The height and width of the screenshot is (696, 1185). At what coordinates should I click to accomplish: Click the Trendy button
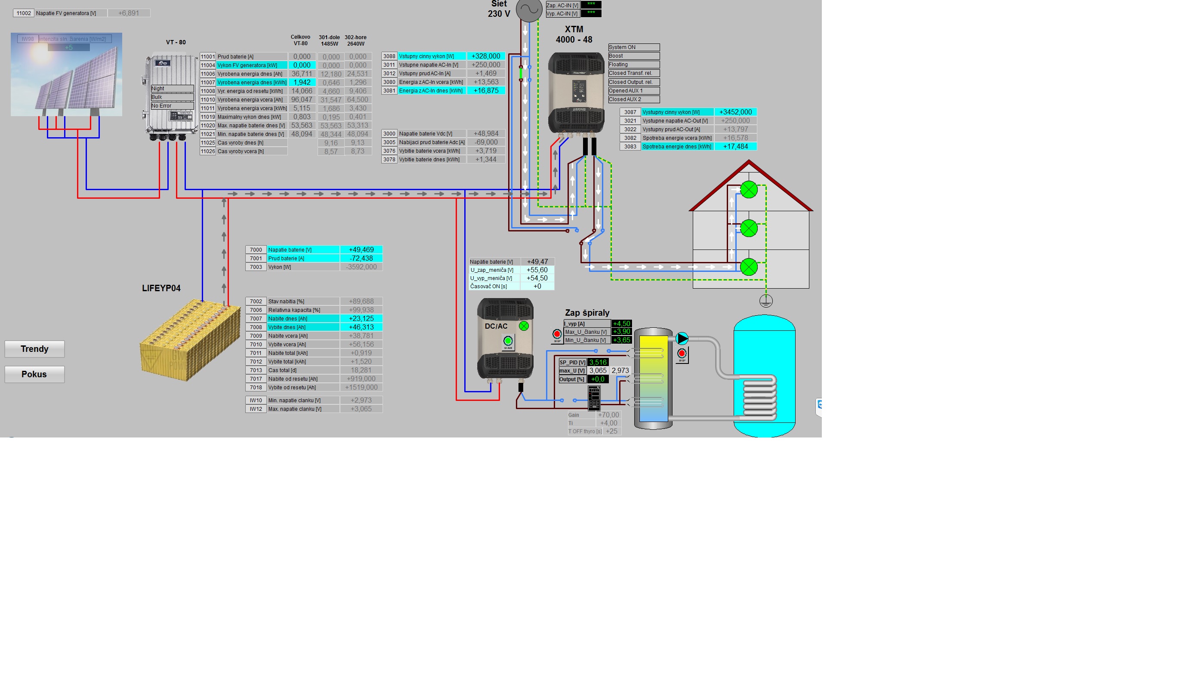pyautogui.click(x=34, y=349)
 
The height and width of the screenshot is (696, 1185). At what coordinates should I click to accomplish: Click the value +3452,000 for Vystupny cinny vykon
pyautogui.click(x=735, y=112)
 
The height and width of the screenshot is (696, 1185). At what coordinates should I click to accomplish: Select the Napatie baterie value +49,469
pyautogui.click(x=361, y=250)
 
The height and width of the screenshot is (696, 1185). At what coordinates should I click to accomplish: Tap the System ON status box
pyautogui.click(x=633, y=47)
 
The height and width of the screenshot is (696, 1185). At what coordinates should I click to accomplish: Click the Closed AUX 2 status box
pyautogui.click(x=633, y=100)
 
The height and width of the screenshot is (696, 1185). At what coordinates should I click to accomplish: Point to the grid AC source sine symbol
pyautogui.click(x=529, y=9)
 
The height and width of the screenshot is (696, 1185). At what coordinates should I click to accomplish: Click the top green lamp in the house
pyautogui.click(x=749, y=190)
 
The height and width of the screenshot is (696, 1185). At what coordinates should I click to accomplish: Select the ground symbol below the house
pyautogui.click(x=766, y=301)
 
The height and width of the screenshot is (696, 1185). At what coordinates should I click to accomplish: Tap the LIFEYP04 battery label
pyautogui.click(x=161, y=289)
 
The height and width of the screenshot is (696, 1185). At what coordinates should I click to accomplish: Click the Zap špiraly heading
pyautogui.click(x=587, y=313)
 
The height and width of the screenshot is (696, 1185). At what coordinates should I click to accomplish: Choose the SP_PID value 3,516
pyautogui.click(x=598, y=362)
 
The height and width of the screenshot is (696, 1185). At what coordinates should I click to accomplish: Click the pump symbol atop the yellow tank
pyautogui.click(x=682, y=339)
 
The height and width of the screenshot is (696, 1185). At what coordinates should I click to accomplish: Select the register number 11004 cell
pyautogui.click(x=208, y=65)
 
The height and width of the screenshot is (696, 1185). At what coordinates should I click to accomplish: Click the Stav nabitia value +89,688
pyautogui.click(x=361, y=302)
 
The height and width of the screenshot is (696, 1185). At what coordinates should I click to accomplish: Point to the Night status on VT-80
pyautogui.click(x=172, y=89)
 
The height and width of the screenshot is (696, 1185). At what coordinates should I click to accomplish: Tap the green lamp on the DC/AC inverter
pyautogui.click(x=524, y=326)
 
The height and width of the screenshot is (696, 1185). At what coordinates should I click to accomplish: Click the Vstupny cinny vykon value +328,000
pyautogui.click(x=486, y=56)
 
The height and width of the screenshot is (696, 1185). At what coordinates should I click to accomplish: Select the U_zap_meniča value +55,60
pyautogui.click(x=537, y=270)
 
